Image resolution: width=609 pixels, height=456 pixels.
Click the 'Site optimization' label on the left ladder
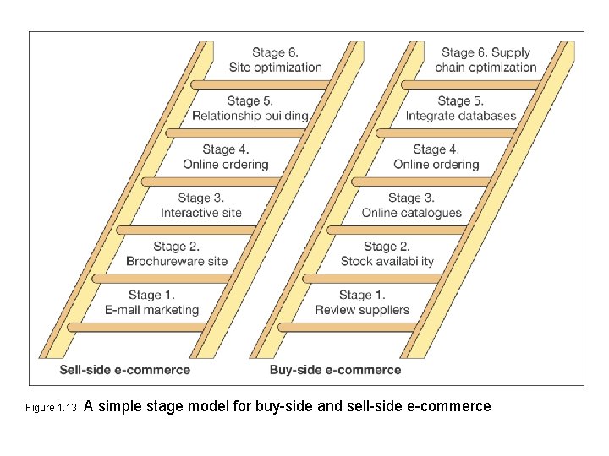[275, 68]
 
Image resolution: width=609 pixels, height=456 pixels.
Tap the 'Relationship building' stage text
[250, 116]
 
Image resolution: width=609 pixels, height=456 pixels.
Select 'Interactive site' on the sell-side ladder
[201, 213]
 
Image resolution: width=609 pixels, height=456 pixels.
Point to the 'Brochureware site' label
[177, 261]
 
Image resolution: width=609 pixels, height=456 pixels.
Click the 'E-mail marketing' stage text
[152, 310]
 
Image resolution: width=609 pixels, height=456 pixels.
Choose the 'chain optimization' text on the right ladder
[486, 68]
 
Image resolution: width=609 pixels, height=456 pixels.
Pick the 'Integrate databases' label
[461, 116]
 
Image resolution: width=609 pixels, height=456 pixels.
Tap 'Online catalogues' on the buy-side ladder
[412, 213]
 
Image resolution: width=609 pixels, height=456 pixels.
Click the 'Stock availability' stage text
[387, 261]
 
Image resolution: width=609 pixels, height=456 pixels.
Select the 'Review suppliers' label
[362, 310]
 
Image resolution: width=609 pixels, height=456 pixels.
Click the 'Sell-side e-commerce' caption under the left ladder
[125, 370]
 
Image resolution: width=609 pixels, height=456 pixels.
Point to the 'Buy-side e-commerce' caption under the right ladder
[336, 370]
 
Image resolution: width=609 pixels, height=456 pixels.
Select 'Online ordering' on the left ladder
[226, 165]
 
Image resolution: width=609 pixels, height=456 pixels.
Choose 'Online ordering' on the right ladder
[436, 165]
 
